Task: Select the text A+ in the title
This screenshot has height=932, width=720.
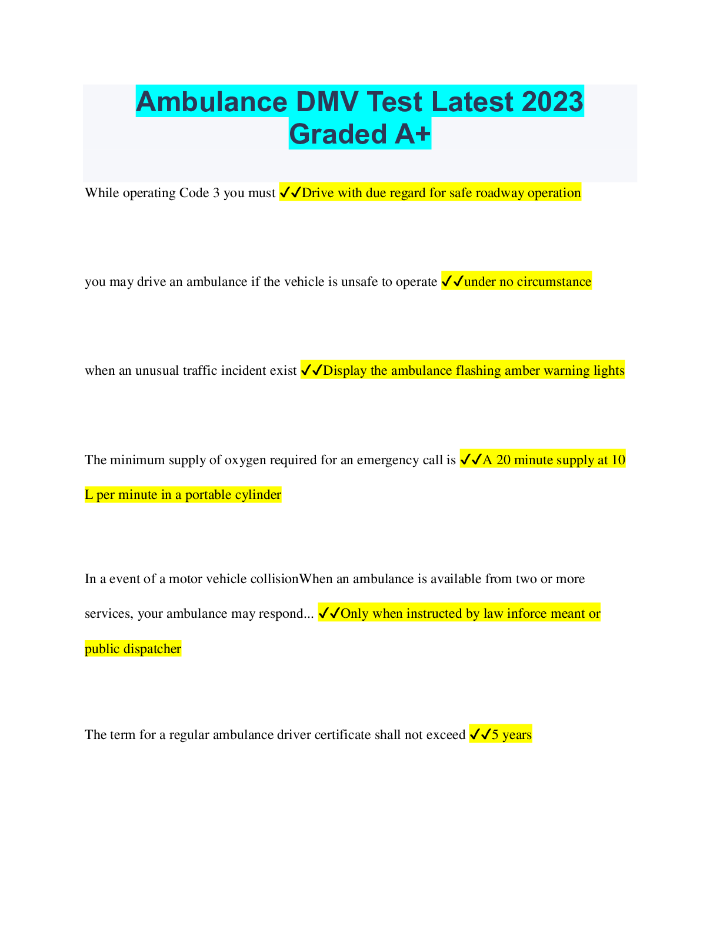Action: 412,134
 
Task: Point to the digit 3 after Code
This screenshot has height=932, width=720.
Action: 216,193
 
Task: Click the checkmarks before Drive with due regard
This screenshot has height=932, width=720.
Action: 290,192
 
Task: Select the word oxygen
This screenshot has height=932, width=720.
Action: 245,460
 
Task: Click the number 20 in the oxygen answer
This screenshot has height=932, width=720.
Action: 504,460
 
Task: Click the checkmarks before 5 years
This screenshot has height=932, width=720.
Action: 480,734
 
